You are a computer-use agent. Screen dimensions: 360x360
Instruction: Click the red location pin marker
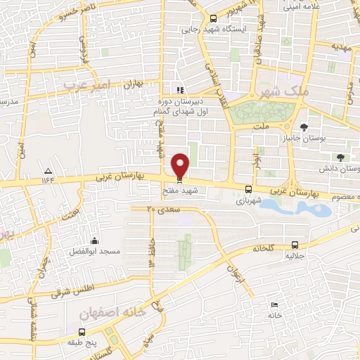181,166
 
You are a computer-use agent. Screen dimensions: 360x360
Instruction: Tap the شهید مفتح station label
181,189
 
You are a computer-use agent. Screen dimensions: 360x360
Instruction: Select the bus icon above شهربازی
248,188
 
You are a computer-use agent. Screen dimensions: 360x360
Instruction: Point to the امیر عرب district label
87,84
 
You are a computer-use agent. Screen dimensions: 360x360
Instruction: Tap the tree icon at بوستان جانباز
303,127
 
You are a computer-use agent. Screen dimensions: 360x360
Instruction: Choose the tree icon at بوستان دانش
341,157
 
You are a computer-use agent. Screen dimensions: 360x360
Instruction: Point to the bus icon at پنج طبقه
82,332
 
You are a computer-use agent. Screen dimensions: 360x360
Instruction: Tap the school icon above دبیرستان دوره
180,90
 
